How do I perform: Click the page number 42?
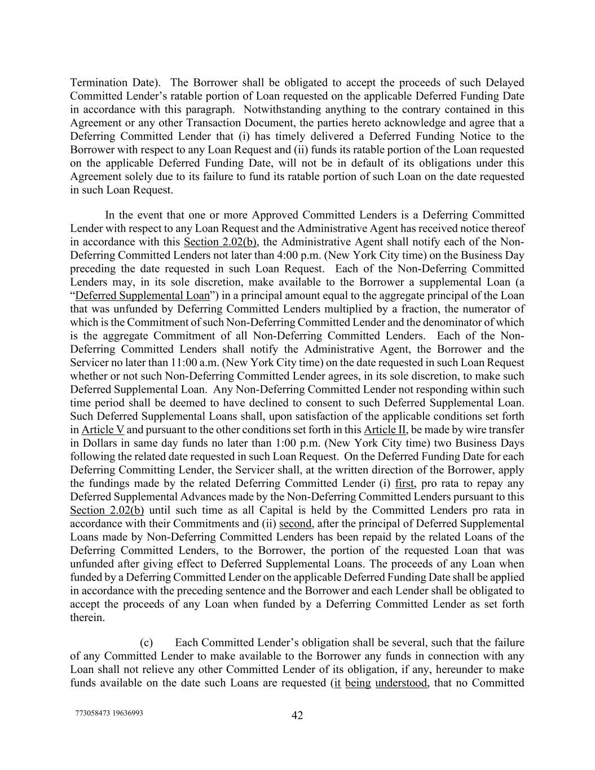coord(297,715)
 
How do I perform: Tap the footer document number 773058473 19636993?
coord(109,712)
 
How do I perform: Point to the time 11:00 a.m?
coord(256,363)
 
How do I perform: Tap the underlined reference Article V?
coord(103,429)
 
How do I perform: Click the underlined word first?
coord(405,483)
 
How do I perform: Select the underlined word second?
coord(296,523)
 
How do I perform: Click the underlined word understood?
coord(402,683)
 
